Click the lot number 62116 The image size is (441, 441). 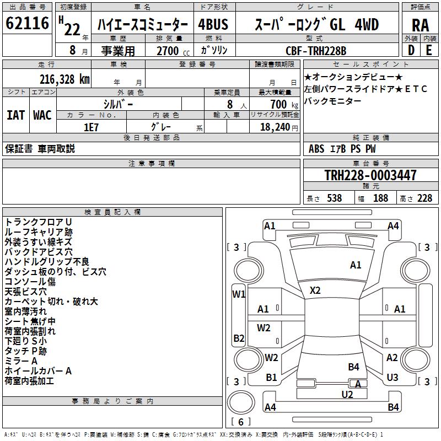tap(27, 24)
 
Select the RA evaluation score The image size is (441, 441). tap(420, 25)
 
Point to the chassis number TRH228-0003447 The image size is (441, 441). tap(370, 175)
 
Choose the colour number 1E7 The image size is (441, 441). tap(91, 126)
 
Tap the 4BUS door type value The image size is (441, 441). tap(213, 25)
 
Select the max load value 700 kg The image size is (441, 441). tap(282, 104)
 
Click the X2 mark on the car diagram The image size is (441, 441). tap(315, 290)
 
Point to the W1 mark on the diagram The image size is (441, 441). tap(238, 294)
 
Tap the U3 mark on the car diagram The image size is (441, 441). tap(392, 378)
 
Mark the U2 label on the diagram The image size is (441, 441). tap(347, 394)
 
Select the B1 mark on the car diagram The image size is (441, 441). tap(271, 378)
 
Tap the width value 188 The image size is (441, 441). tap(380, 198)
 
